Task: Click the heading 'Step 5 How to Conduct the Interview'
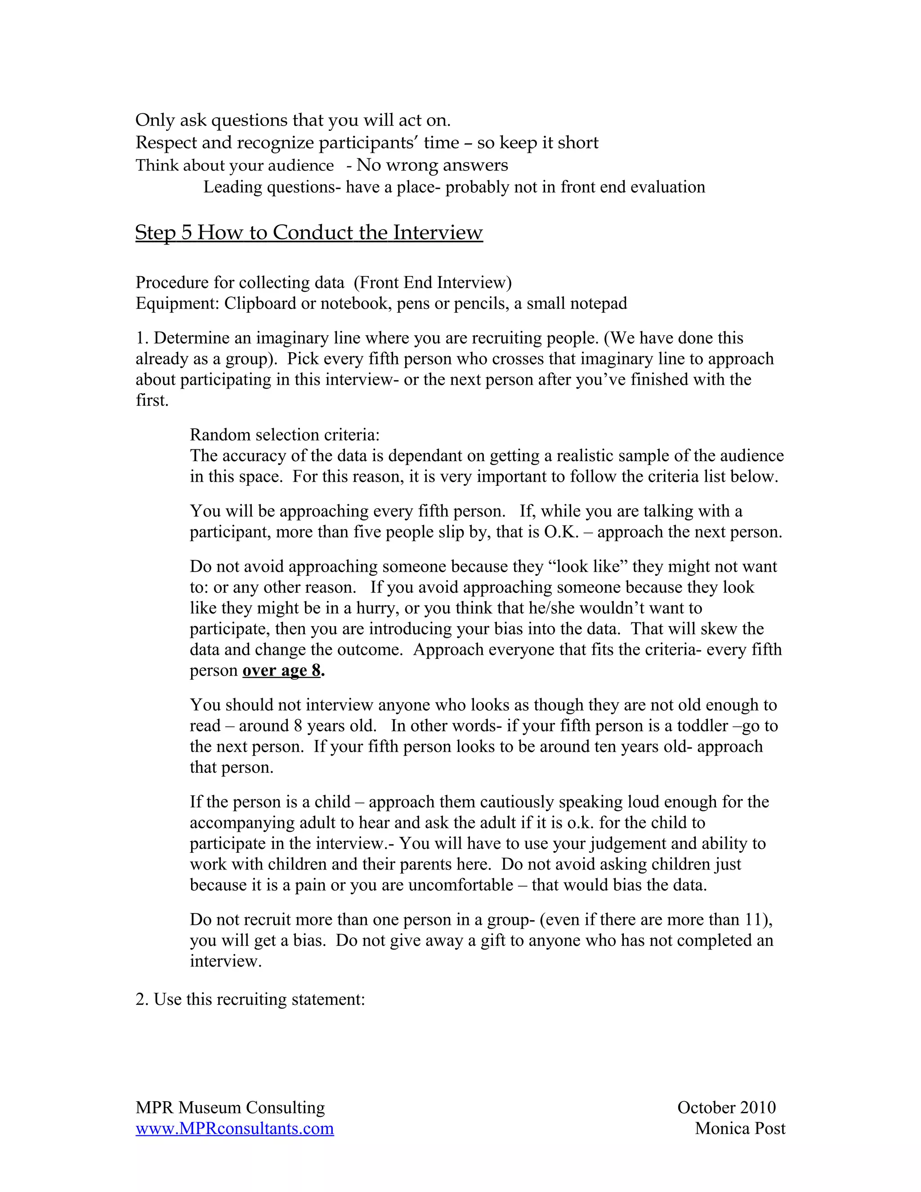click(x=309, y=233)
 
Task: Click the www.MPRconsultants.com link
click(x=235, y=1128)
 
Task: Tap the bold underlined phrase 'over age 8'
click(x=282, y=670)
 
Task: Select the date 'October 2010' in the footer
click(x=726, y=1107)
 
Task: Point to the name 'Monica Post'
click(x=740, y=1128)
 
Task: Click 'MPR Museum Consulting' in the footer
click(x=230, y=1107)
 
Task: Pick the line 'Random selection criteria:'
click(x=284, y=435)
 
